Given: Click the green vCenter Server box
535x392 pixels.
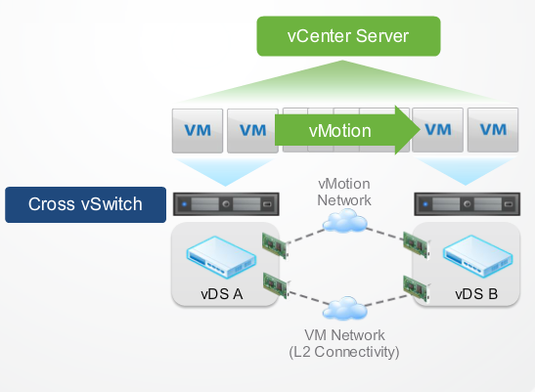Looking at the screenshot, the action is [348, 36].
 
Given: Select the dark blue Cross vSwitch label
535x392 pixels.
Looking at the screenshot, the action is [86, 204].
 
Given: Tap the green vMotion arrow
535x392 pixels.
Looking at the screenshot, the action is [347, 130].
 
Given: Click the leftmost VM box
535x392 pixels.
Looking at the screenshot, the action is [198, 131].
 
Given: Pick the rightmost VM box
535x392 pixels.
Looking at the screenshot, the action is [493, 130].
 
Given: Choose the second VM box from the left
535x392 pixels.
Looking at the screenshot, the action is [252, 131].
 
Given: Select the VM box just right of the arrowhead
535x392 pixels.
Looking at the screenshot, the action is [438, 130].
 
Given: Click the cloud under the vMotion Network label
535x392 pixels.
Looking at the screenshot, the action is [345, 221].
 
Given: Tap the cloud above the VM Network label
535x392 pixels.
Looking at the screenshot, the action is [345, 308].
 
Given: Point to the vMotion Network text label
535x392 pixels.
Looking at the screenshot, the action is [344, 192].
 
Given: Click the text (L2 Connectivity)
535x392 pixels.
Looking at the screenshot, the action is [344, 352].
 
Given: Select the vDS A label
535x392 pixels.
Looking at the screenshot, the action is [222, 294].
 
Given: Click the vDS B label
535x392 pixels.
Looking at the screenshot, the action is [476, 294].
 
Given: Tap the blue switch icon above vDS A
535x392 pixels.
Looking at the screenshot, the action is [221, 257].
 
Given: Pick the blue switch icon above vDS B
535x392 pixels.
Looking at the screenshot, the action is [477, 256].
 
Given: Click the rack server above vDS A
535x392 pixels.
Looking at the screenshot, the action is [226, 204].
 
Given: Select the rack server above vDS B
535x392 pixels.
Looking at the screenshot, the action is [468, 204].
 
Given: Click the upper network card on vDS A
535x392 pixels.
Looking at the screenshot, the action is [275, 245].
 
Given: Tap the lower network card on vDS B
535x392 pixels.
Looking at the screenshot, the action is [417, 288].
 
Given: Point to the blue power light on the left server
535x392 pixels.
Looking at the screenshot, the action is [185, 204].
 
